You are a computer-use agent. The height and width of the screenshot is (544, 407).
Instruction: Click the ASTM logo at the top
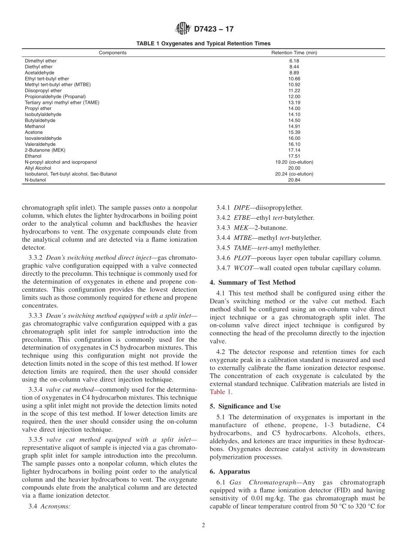tap(183, 29)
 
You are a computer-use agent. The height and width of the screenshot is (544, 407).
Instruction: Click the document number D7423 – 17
tap(214, 30)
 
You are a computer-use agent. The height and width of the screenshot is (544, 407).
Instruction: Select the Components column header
tap(113, 53)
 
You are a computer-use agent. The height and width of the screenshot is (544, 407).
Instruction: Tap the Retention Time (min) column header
tap(294, 53)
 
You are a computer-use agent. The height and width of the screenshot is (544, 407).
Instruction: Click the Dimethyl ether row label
tap(41, 61)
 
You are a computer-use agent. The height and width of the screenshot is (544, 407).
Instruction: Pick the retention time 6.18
tap(294, 61)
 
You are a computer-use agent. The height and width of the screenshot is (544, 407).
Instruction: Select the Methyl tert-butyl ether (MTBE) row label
tap(58, 85)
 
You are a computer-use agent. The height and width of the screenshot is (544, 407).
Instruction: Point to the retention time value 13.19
tap(294, 103)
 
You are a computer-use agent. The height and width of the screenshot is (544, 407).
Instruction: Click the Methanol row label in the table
tap(35, 126)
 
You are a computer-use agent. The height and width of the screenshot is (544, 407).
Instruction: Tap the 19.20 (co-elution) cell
tap(294, 162)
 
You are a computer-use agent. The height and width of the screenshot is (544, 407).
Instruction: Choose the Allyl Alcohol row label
tap(38, 168)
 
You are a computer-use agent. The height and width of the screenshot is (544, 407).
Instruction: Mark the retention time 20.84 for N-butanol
tap(294, 180)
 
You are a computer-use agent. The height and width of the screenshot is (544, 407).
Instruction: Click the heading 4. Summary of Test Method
tap(252, 282)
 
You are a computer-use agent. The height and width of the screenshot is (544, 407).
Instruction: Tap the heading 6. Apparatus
tap(230, 471)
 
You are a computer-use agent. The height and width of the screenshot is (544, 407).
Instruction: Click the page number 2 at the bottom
tap(203, 526)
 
